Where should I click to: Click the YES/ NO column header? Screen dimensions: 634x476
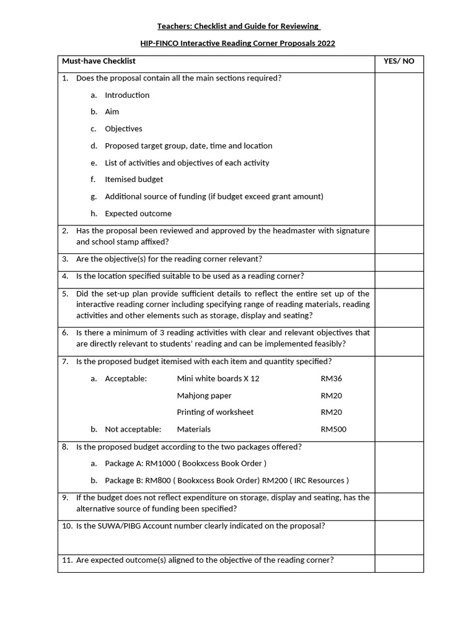[x=399, y=61]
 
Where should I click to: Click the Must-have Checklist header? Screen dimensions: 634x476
[x=99, y=61]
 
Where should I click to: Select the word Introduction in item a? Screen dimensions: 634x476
[x=127, y=95]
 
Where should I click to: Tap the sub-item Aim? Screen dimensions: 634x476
[x=112, y=111]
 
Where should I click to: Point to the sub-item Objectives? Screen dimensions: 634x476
[x=123, y=129]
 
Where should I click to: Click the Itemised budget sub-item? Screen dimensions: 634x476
[x=134, y=180]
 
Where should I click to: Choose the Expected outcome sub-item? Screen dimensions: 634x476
[x=138, y=214]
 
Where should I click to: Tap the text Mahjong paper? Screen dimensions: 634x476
[x=204, y=396]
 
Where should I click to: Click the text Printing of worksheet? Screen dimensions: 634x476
[x=215, y=412]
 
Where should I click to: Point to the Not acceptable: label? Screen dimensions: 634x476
[x=133, y=429]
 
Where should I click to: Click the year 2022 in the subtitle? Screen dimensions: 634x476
[x=326, y=43]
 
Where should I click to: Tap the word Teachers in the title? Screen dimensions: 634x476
[x=174, y=26]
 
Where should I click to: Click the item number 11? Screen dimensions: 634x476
[x=67, y=560]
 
